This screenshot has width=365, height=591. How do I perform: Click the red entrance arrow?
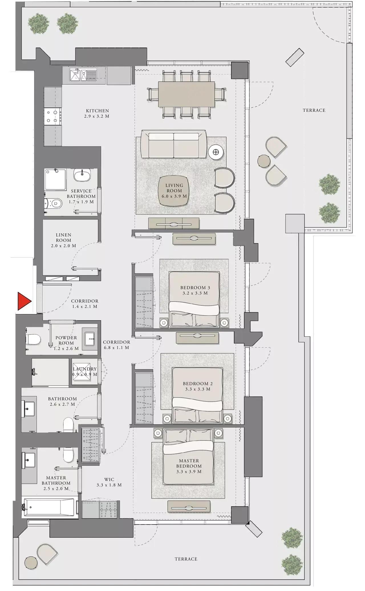pos(23,301)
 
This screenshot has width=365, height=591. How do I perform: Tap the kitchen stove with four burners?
pos(53,116)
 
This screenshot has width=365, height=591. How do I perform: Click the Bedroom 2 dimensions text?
pos(196,389)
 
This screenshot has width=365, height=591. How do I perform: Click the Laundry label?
pos(85,369)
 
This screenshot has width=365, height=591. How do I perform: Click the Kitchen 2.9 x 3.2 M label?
pos(98,113)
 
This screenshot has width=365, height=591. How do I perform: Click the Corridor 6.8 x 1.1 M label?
pos(116,345)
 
